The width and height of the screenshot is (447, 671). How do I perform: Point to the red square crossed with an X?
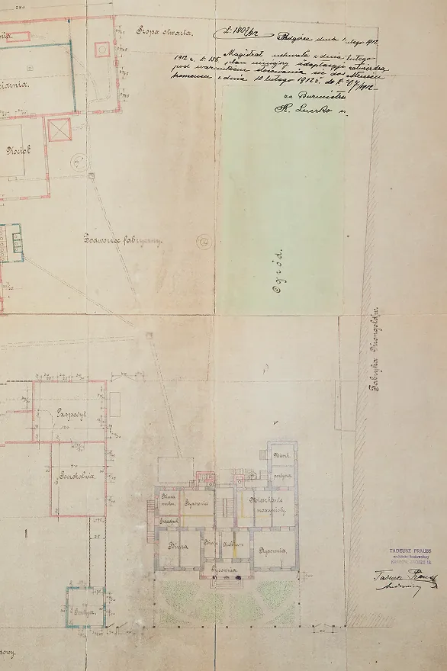59,130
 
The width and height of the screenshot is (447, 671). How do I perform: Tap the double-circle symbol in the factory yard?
203,241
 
